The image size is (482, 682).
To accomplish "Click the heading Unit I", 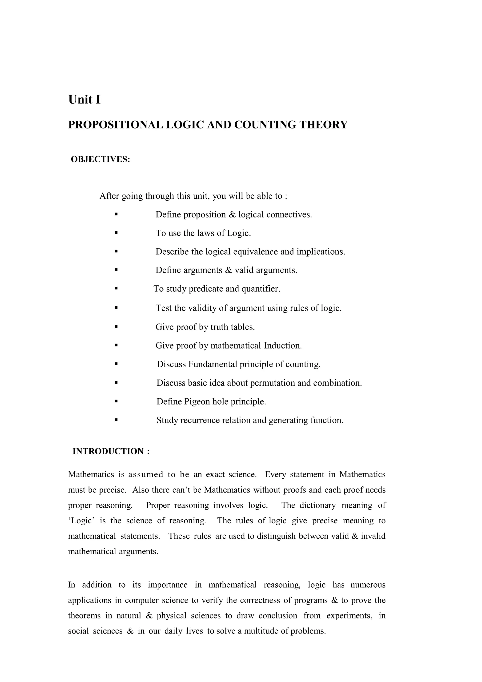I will point(84,100).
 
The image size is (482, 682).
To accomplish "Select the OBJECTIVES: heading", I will point(100,160).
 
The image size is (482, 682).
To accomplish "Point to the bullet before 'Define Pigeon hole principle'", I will point(116,401).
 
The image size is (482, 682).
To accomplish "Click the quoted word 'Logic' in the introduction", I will point(81,521).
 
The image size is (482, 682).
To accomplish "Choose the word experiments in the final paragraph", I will point(349,615).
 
